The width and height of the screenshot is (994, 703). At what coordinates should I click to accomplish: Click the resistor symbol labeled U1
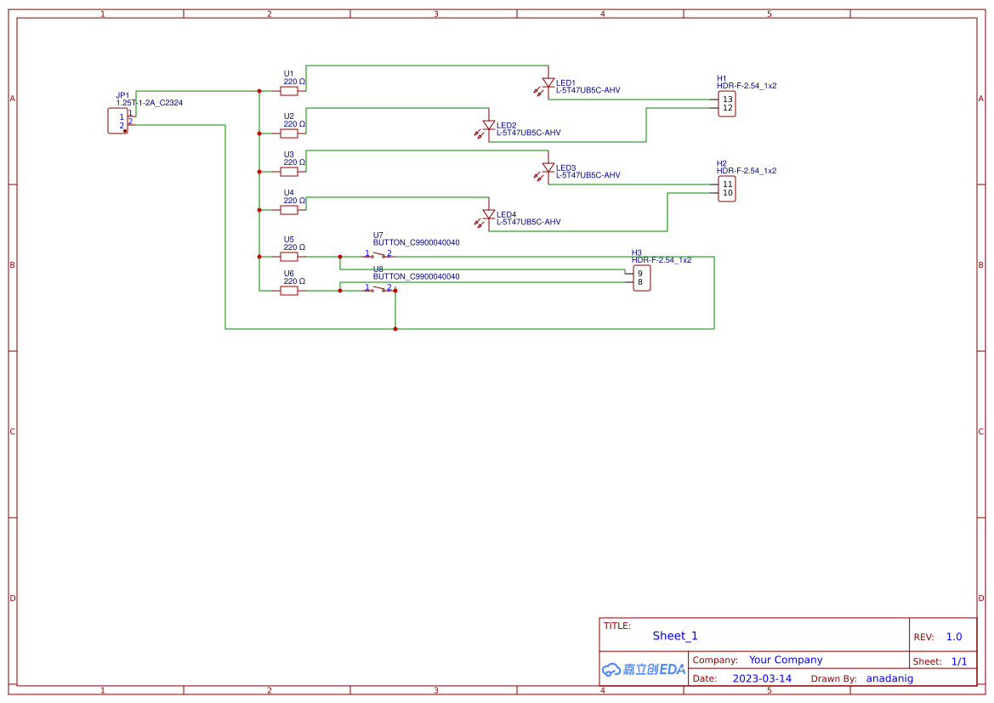tap(289, 90)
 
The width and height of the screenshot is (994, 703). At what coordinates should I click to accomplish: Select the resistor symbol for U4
tap(289, 209)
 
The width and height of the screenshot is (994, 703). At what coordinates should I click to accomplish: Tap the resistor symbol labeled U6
tap(289, 291)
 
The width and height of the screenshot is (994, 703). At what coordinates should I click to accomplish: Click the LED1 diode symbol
tap(548, 83)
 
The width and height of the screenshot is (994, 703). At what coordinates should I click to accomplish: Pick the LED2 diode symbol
tap(489, 126)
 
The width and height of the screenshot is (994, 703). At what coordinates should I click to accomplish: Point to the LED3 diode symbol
tap(548, 168)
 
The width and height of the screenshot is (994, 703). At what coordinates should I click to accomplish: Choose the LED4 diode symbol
tap(489, 214)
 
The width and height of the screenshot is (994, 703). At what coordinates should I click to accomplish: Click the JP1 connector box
tap(117, 121)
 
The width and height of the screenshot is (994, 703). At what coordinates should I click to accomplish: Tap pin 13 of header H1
tap(727, 99)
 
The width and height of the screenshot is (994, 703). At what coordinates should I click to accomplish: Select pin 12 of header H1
tap(727, 108)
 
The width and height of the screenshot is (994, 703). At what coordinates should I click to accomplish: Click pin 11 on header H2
tap(727, 184)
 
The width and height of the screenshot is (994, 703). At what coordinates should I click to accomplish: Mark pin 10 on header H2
tap(727, 193)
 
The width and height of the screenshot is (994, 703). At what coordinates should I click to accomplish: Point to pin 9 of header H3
tap(640, 274)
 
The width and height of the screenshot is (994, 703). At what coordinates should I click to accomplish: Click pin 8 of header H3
tap(640, 282)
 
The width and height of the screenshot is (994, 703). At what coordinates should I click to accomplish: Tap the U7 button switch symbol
tap(379, 255)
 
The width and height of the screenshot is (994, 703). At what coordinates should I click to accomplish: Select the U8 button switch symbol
tap(379, 289)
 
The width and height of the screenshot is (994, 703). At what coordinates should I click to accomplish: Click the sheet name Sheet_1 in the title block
tap(675, 636)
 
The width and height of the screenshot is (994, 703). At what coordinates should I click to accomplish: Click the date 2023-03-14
tap(762, 678)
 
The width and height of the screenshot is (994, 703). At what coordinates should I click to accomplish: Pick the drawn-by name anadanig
tap(889, 678)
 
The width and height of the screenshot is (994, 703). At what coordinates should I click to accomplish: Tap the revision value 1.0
tap(954, 637)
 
